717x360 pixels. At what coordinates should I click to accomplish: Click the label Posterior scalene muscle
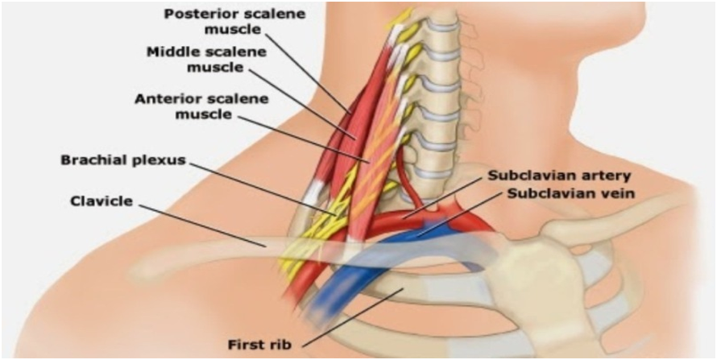213,22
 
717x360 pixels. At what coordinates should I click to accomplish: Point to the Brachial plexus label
123,160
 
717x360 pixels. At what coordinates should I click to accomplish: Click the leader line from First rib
354,315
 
